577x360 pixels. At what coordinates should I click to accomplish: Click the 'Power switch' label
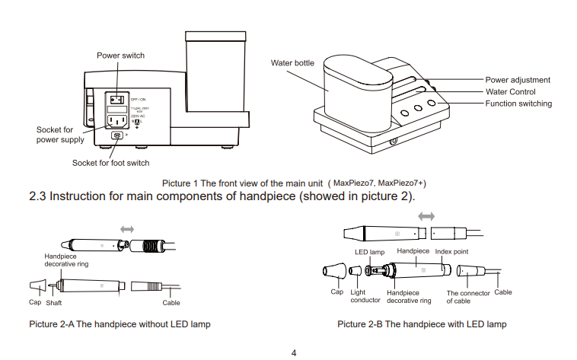pyautogui.click(x=120, y=56)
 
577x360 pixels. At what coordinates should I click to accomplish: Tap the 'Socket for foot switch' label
pyautogui.click(x=110, y=163)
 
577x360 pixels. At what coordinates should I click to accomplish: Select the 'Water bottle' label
pyautogui.click(x=292, y=62)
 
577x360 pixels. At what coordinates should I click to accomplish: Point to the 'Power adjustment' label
pyautogui.click(x=518, y=80)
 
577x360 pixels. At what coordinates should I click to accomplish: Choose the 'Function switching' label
pyautogui.click(x=518, y=104)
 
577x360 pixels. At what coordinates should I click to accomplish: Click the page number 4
pyautogui.click(x=294, y=352)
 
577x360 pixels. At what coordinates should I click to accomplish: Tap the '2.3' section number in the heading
pyautogui.click(x=37, y=196)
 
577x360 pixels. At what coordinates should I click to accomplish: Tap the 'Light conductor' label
pyautogui.click(x=359, y=296)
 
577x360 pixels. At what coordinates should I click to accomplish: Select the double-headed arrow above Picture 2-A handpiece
pyautogui.click(x=127, y=228)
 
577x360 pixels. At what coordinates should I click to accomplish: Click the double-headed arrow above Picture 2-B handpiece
pyautogui.click(x=426, y=216)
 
